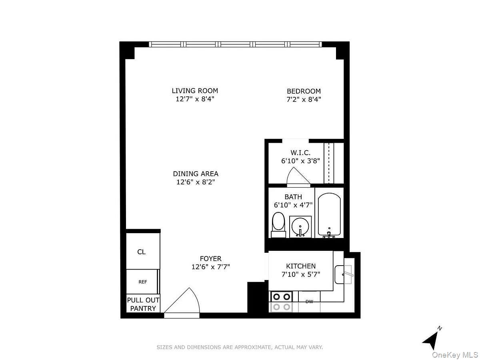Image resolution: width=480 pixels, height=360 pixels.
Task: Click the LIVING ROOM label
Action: pos(195,91)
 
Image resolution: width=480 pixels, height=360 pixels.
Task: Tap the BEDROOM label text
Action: pos(304,91)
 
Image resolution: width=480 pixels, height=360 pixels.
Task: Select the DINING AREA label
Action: pos(196,174)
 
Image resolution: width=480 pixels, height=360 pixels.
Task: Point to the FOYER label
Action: pos(211,259)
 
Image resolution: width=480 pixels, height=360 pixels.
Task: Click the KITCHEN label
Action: pos(301,266)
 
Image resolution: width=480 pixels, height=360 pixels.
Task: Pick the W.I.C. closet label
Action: pos(300,153)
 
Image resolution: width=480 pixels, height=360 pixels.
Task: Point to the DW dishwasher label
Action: pos(309,302)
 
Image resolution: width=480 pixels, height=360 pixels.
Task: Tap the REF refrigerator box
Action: pos(143,282)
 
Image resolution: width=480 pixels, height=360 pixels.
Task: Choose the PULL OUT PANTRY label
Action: pos(143,304)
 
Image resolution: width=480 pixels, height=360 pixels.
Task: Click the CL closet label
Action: pos(141,252)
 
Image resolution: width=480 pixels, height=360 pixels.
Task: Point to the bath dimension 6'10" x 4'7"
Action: pos(293,205)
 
